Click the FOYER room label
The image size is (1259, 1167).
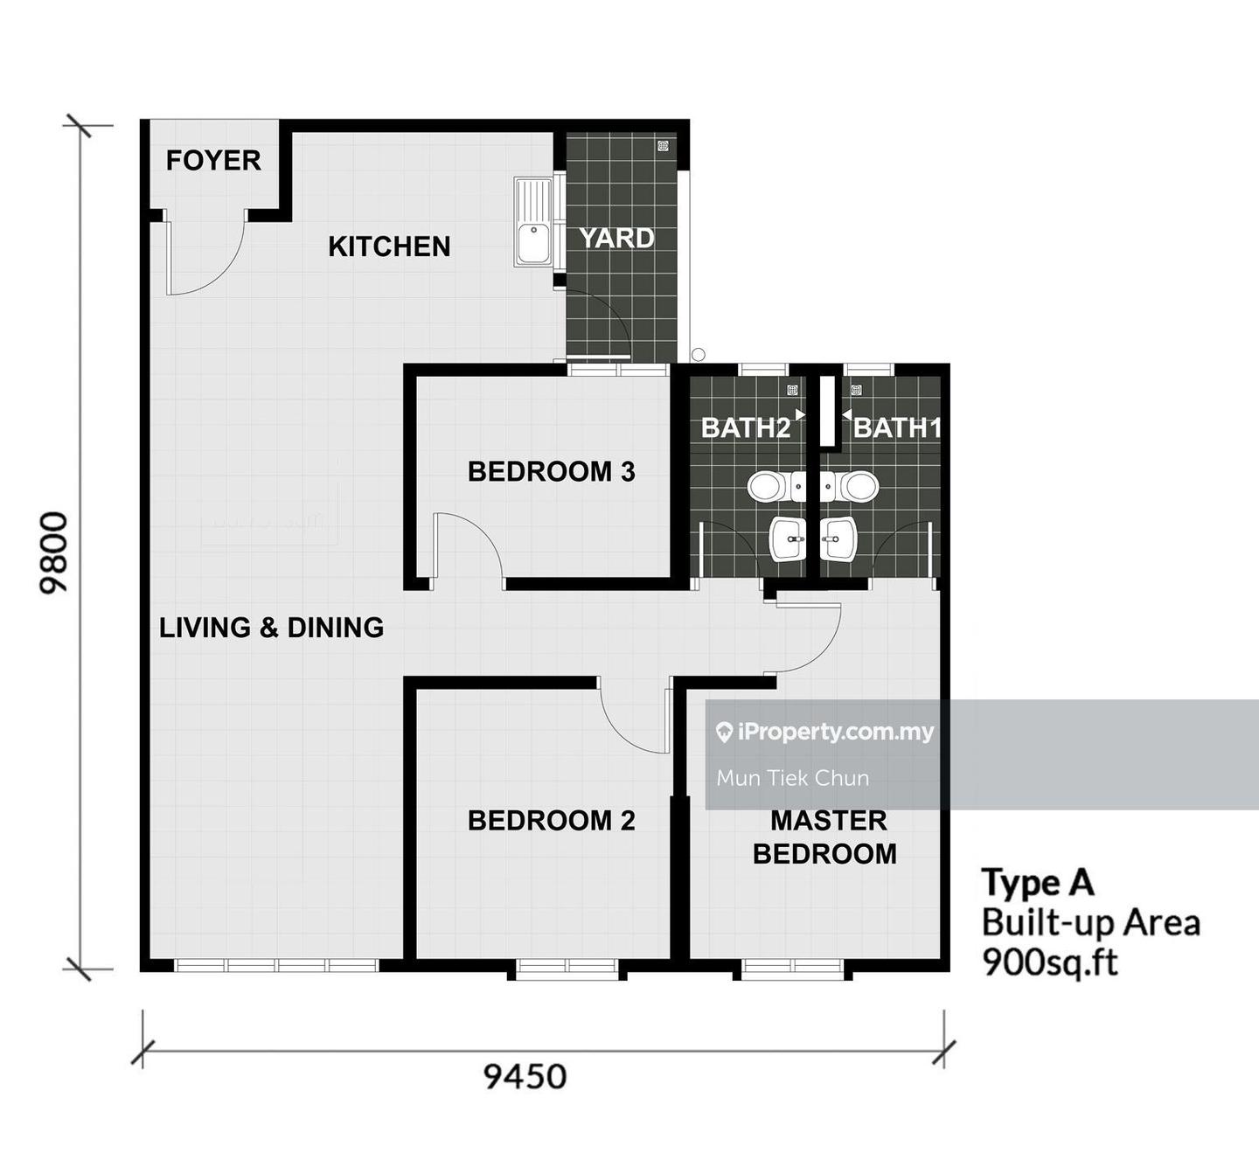tap(213, 160)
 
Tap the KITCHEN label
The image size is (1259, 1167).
tap(389, 247)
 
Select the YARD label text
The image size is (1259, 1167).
tap(616, 239)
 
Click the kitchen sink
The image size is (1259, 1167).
tap(534, 221)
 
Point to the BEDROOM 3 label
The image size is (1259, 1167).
tap(552, 472)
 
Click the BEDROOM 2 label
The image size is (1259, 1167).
tap(552, 821)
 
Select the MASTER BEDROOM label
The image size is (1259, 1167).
tap(824, 837)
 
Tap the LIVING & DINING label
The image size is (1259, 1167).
tap(271, 628)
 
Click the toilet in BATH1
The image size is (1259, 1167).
tap(850, 487)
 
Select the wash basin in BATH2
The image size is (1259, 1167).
tap(788, 538)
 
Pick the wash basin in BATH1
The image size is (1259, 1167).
tap(838, 538)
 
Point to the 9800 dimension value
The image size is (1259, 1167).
tap(53, 552)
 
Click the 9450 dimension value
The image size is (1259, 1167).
tap(525, 1077)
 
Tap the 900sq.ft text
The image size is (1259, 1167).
tap(1050, 963)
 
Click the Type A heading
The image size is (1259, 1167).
tap(1038, 882)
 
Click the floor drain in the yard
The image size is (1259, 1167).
tap(663, 147)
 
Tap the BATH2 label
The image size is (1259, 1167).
tap(746, 427)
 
